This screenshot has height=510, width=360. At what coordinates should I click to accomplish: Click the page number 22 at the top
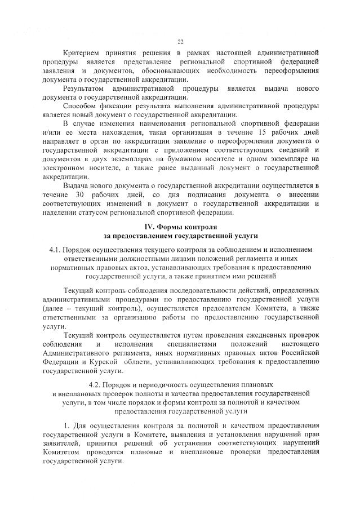(x=180, y=41)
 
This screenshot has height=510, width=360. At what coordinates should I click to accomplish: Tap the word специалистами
(x=192, y=344)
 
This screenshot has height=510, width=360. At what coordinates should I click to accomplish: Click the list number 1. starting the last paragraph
(x=66, y=424)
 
